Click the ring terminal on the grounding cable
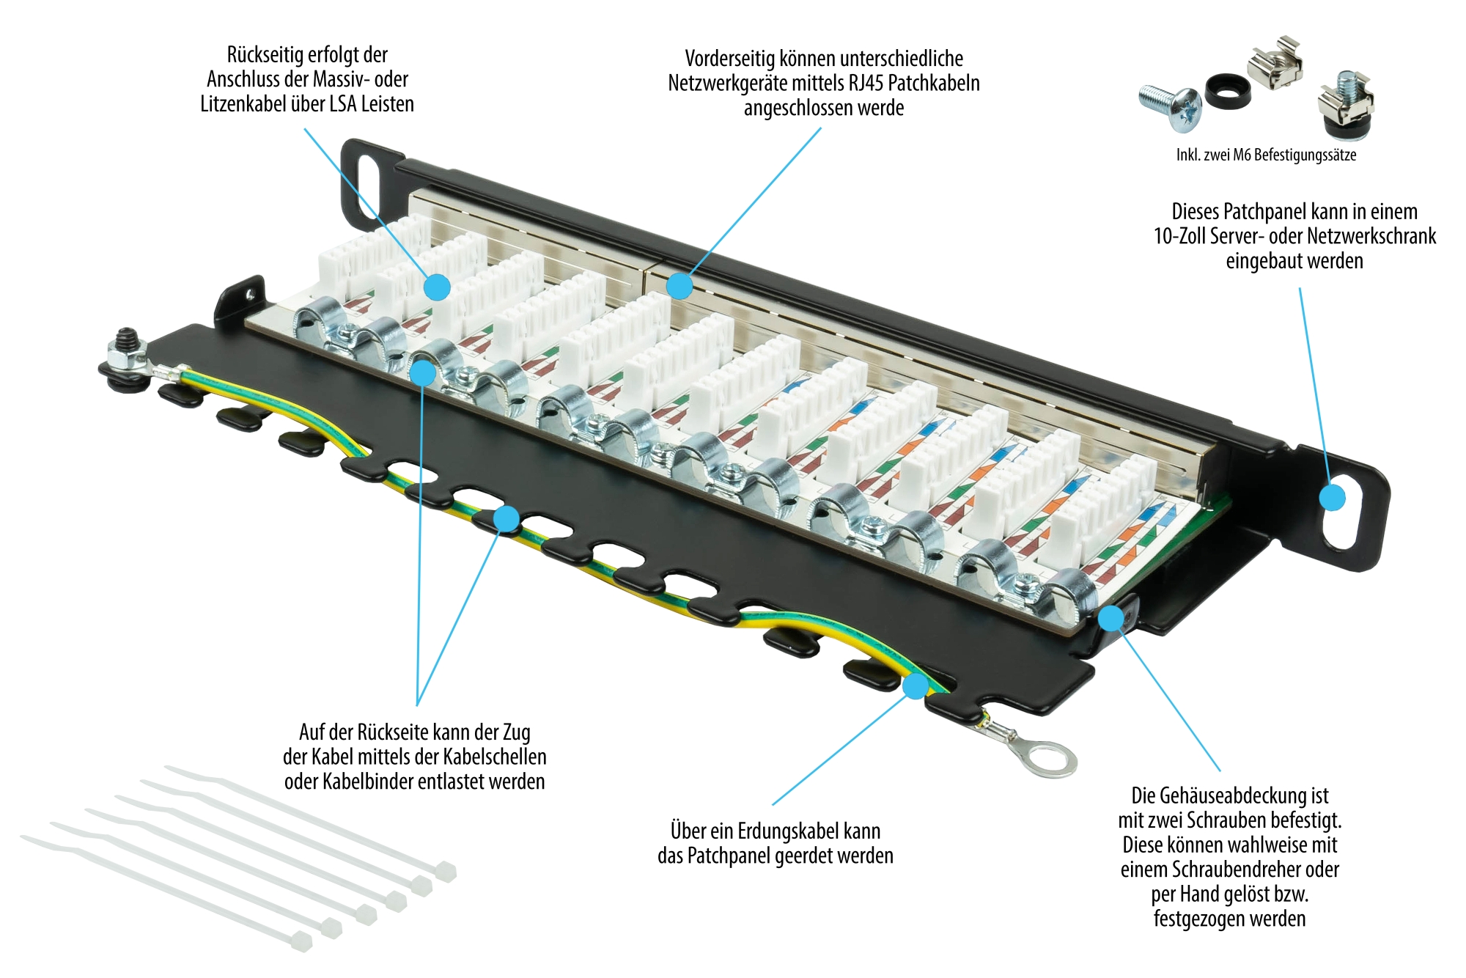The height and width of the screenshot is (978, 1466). [1050, 758]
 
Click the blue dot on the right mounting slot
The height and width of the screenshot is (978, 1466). [1332, 498]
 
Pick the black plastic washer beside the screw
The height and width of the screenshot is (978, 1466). [1228, 90]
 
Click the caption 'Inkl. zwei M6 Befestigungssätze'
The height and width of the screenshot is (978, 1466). [1266, 155]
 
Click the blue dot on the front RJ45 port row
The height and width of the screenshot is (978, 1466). [679, 286]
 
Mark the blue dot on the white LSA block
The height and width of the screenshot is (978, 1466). [438, 287]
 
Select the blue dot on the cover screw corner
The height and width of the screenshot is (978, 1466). [1112, 618]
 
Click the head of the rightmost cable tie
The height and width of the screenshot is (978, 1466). [446, 872]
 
